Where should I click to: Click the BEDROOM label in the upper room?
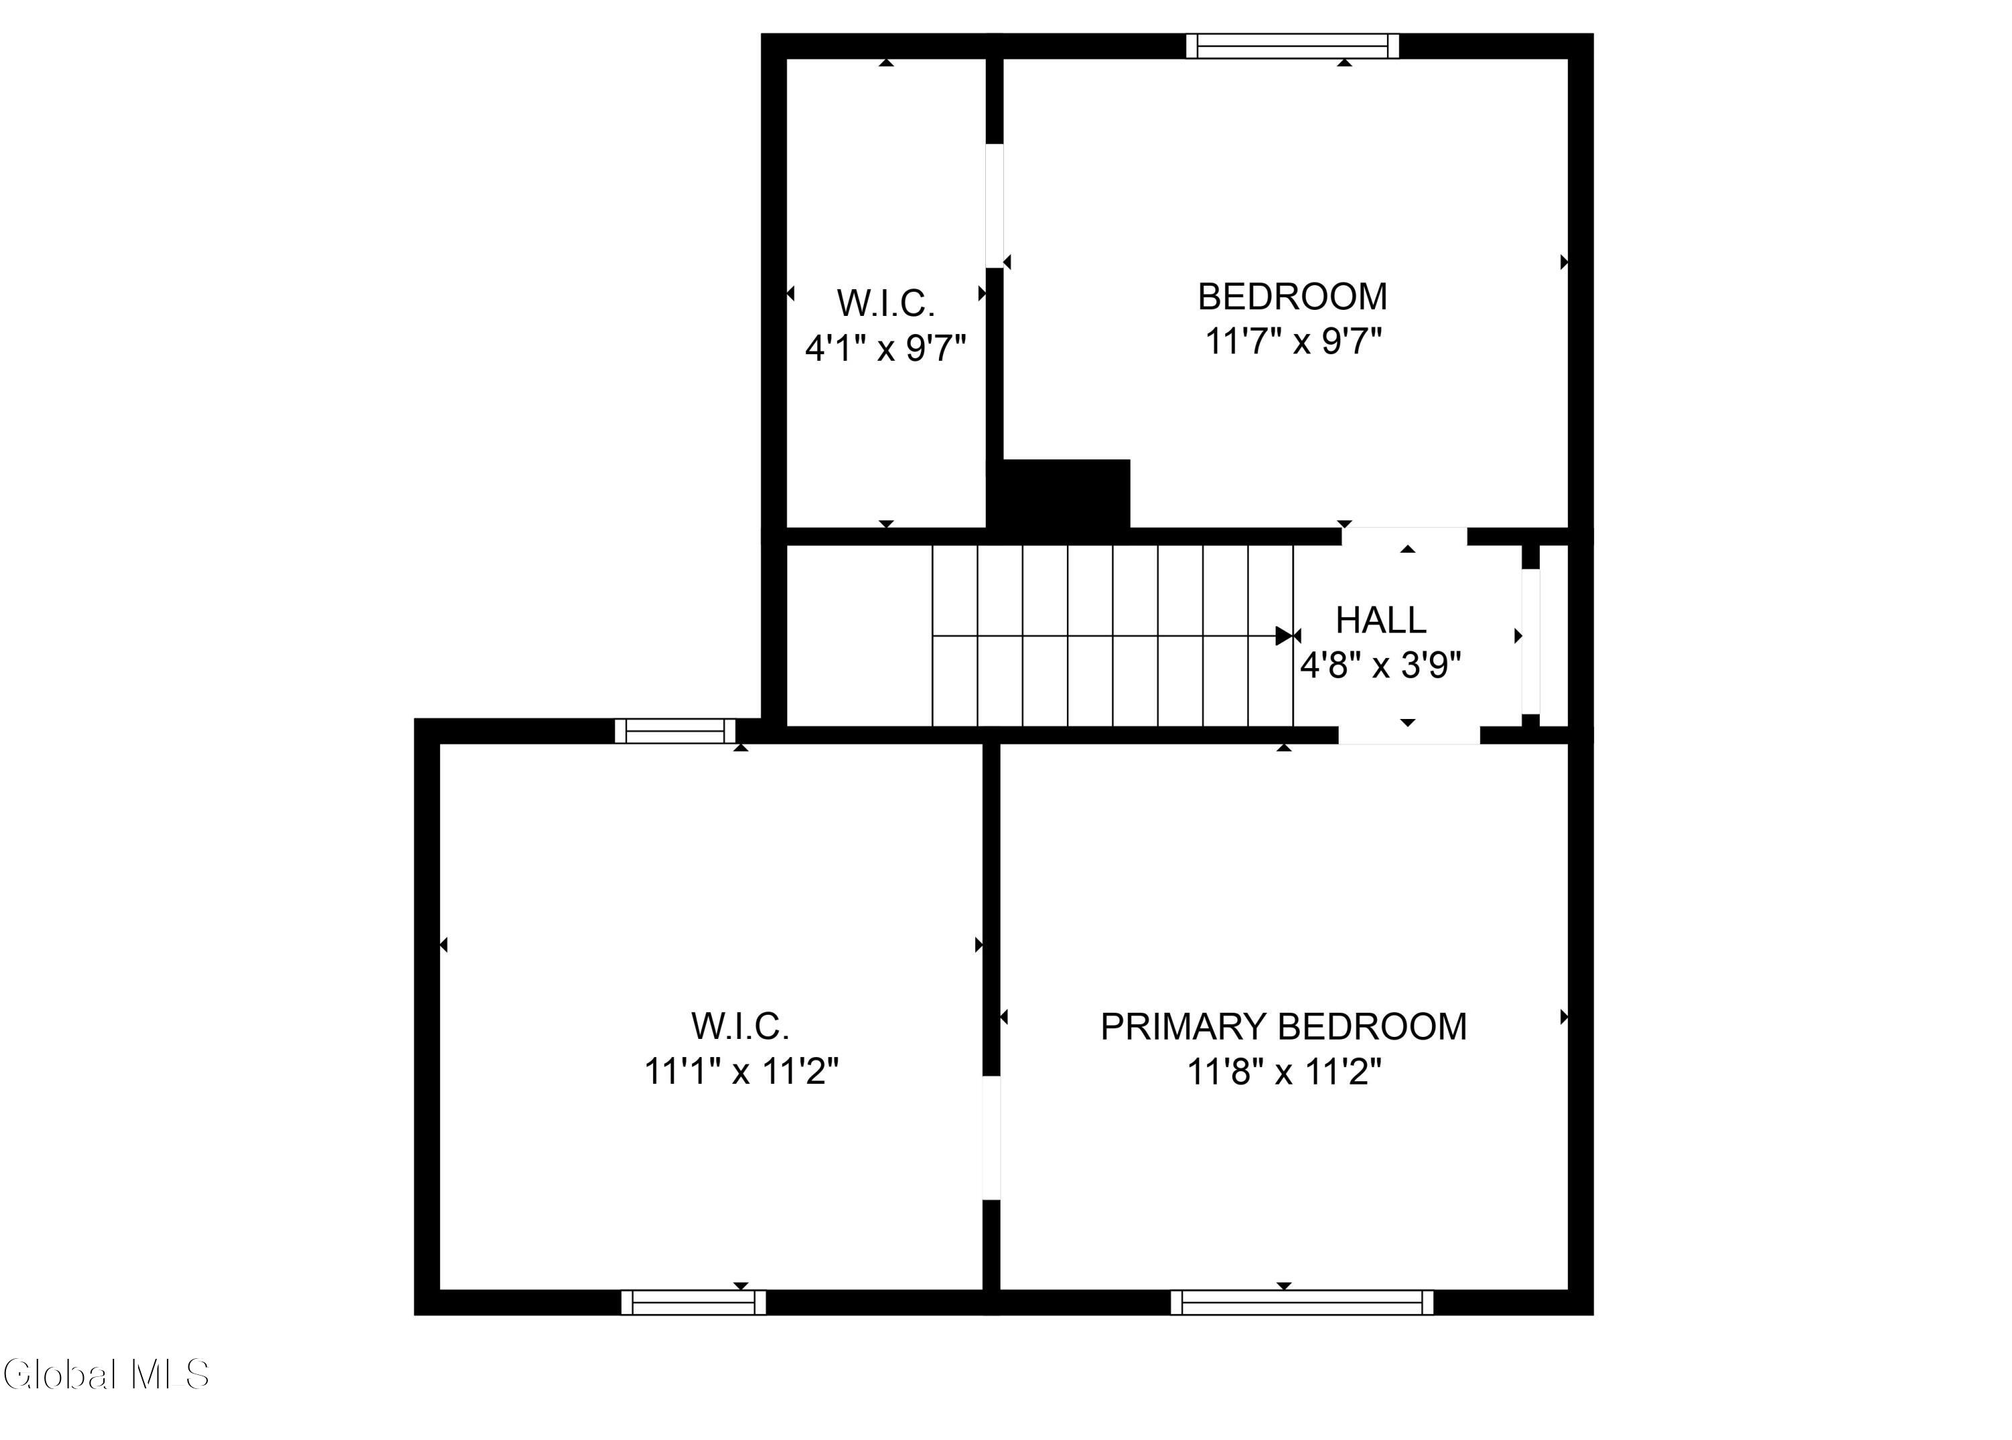(x=1292, y=296)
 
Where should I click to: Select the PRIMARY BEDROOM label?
(x=1283, y=1027)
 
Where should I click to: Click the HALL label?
(x=1381, y=620)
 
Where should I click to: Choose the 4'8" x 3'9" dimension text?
(x=1380, y=664)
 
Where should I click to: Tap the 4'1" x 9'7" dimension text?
(x=885, y=347)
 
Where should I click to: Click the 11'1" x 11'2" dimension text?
(x=740, y=1072)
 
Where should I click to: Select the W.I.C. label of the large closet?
(x=740, y=1027)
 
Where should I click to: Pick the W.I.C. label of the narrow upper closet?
(x=886, y=303)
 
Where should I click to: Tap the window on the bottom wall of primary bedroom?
(x=1301, y=1303)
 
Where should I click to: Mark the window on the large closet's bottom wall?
(x=693, y=1303)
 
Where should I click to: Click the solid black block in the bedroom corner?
(x=1059, y=494)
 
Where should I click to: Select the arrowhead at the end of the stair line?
(x=1284, y=636)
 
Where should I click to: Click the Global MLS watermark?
(x=107, y=1375)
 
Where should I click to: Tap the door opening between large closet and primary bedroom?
(x=991, y=1138)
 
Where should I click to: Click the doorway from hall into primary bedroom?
(x=1409, y=735)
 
